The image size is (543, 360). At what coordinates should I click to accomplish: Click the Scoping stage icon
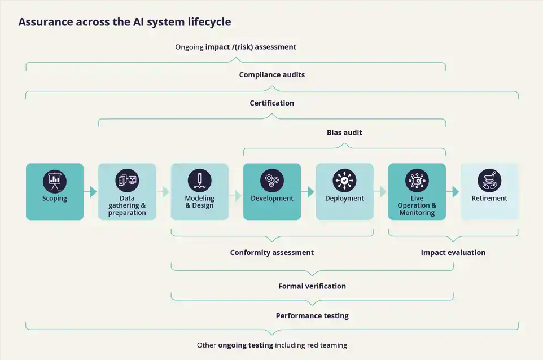(55, 181)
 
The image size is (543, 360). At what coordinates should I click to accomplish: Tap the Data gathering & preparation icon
(127, 181)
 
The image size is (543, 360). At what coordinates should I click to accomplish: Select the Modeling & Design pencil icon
(199, 181)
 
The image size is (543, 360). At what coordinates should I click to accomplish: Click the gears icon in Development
(272, 181)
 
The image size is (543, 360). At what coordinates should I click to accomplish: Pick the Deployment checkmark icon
(344, 181)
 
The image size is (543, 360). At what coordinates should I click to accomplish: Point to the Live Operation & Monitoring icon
(417, 181)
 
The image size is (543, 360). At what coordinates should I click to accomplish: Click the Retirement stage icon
(489, 181)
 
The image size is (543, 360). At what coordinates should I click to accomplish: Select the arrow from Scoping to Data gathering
(90, 192)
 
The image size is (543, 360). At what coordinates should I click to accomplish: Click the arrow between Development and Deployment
(308, 192)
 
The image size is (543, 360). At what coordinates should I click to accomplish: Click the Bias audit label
(344, 133)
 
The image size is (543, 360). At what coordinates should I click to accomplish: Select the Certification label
(272, 103)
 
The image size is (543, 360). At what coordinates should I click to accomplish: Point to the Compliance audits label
(272, 74)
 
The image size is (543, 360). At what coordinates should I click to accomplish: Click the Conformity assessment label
(272, 253)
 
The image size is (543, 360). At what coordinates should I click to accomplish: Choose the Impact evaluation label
(453, 253)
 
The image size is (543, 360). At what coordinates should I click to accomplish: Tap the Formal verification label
(312, 286)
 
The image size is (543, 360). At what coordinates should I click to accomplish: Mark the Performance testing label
(312, 316)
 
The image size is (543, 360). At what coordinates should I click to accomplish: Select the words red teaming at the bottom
(328, 345)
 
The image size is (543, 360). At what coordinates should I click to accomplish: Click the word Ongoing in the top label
(189, 47)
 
